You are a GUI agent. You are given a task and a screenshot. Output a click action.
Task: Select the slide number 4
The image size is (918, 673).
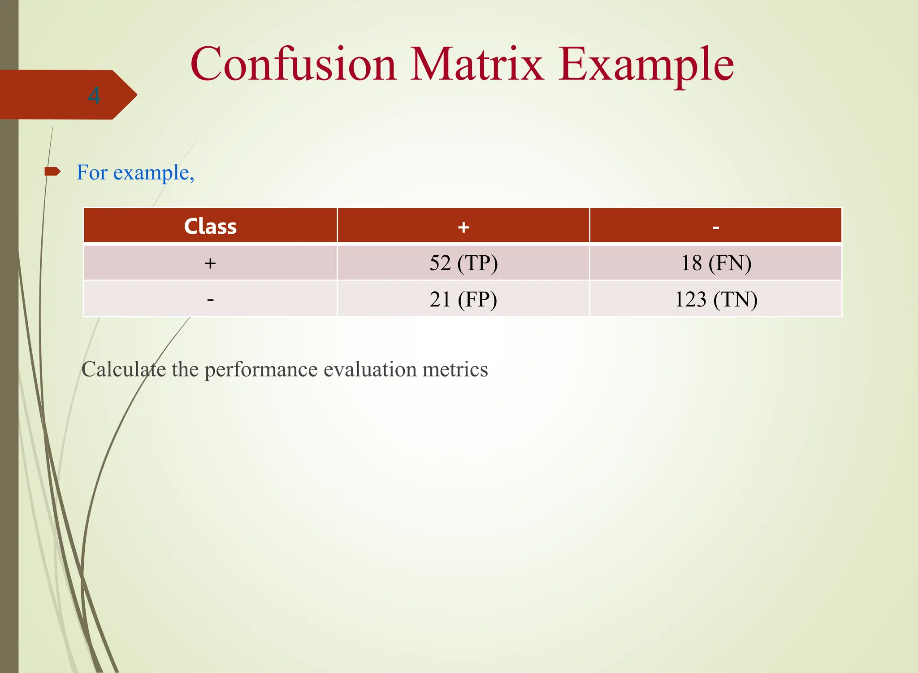(x=94, y=96)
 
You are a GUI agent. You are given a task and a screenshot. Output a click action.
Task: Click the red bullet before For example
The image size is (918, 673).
(x=52, y=171)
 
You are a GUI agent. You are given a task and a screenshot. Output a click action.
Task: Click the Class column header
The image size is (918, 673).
(x=210, y=226)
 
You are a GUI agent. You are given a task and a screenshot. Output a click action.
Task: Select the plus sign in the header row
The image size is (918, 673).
(x=463, y=227)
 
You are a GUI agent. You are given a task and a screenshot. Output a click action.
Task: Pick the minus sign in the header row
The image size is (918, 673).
(x=716, y=228)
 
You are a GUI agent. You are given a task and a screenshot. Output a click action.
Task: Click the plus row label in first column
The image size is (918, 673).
(x=210, y=263)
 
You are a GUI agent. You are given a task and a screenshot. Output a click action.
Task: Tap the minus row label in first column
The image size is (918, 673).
(x=210, y=299)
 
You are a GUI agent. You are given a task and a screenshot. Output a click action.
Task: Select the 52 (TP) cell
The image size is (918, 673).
(x=463, y=263)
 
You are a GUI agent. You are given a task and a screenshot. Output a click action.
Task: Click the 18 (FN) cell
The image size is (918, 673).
(x=716, y=263)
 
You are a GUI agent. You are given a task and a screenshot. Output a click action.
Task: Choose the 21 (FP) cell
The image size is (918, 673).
(x=463, y=299)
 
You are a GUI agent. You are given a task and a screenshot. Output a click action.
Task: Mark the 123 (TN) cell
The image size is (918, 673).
(x=716, y=299)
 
